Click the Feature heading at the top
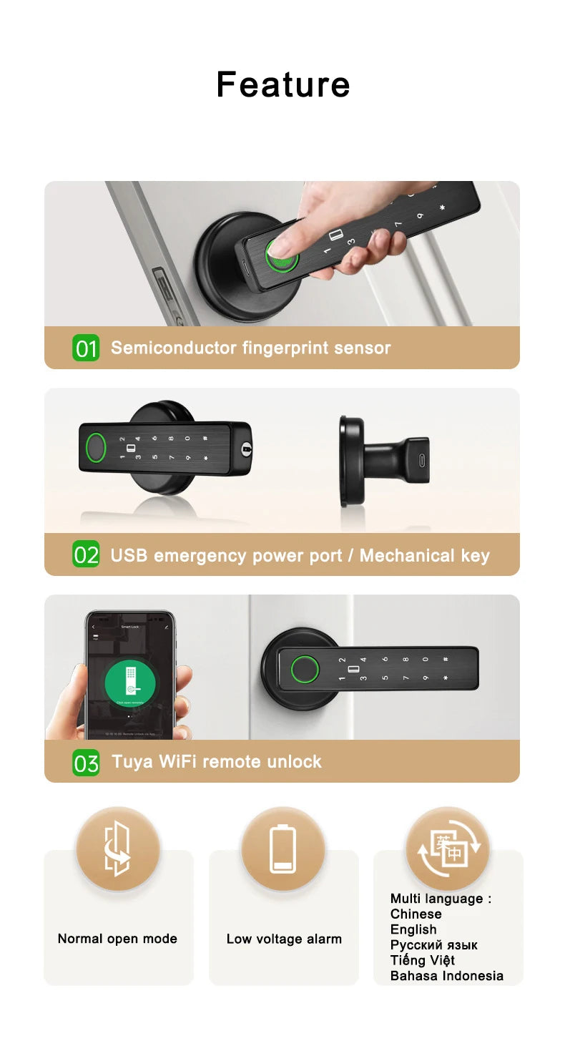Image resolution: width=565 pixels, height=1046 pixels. point(283,84)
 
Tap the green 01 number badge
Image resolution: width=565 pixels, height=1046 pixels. point(86,348)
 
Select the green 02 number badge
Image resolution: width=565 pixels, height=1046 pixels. point(86,555)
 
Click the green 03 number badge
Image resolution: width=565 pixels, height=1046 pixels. point(86,763)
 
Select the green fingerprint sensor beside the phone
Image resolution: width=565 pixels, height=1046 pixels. point(303,670)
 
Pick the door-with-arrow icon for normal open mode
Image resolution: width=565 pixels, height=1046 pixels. point(118,849)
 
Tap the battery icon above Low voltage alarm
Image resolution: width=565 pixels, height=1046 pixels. point(283,849)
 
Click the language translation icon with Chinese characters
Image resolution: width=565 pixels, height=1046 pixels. point(448,849)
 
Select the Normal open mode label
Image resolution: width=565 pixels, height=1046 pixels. point(117,939)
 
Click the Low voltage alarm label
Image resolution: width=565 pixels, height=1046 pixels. point(284,939)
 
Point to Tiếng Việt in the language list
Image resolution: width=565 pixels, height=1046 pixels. point(422,960)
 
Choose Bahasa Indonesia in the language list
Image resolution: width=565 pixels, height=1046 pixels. point(446,976)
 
